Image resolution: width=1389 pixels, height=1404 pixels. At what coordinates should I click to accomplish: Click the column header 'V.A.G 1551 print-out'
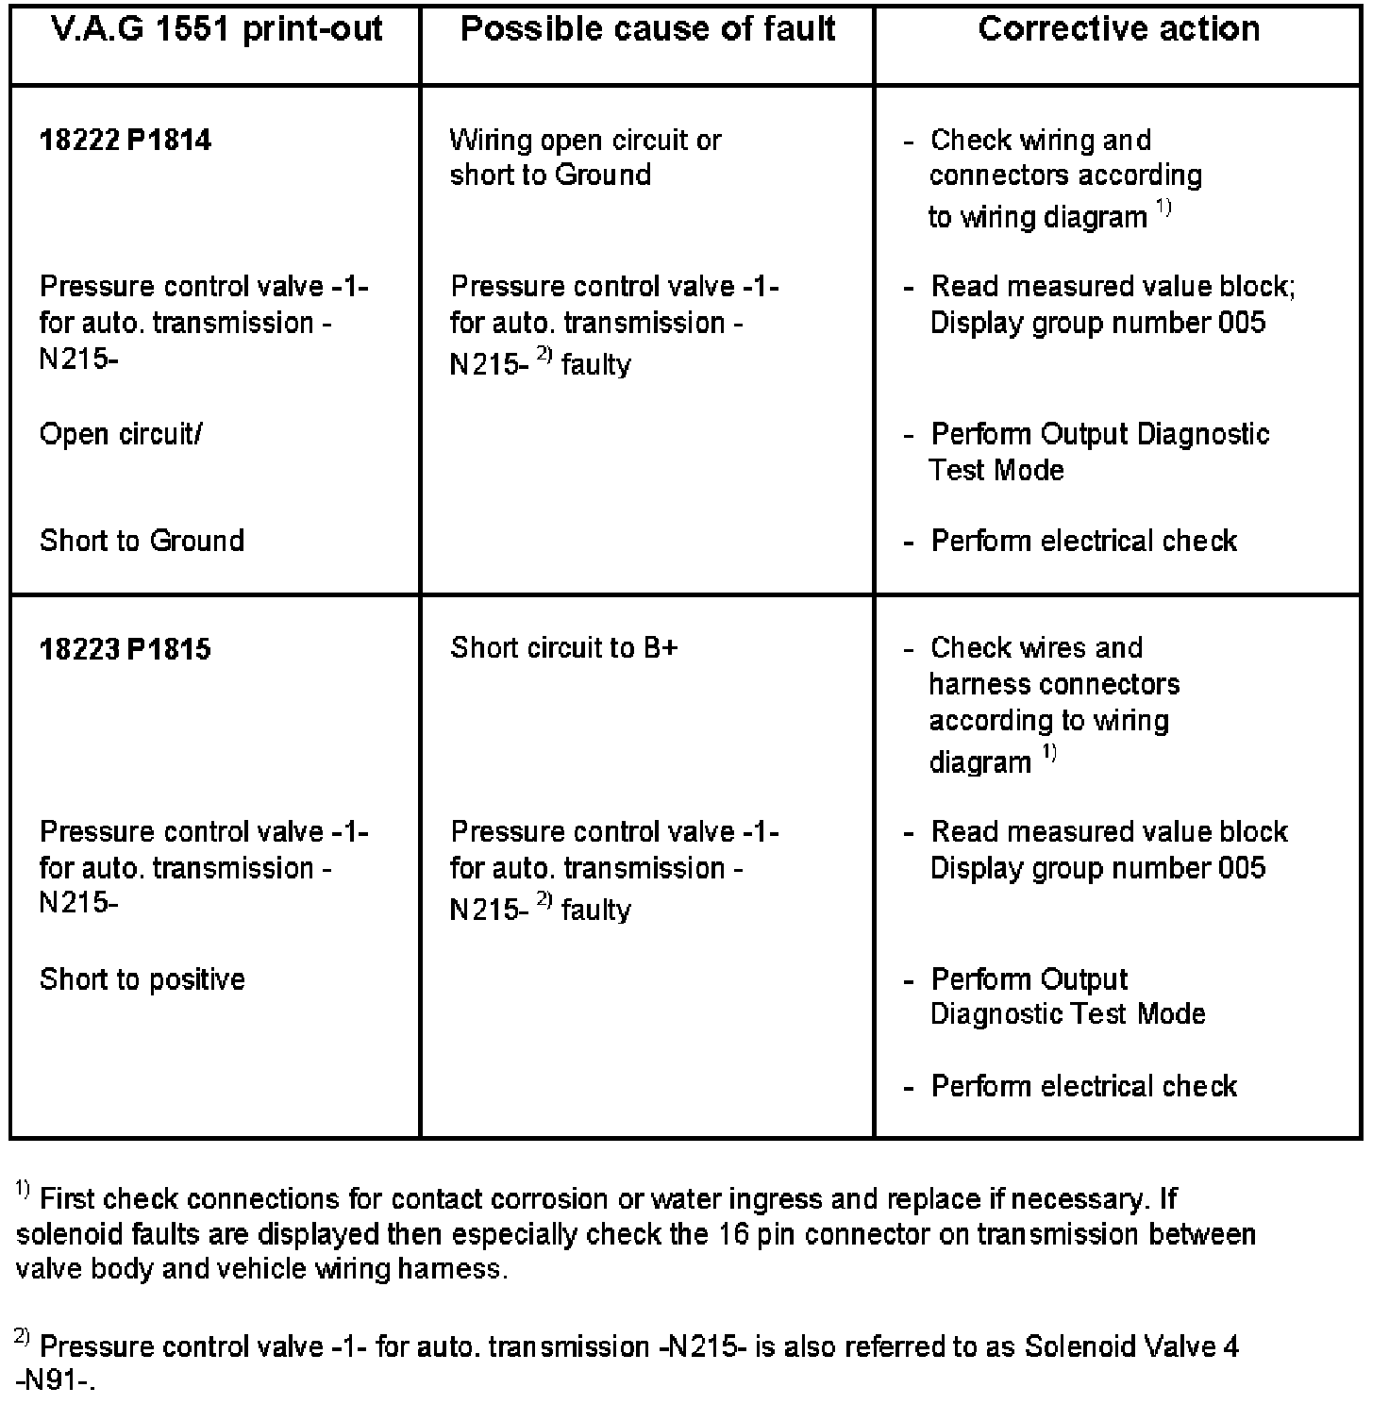216,29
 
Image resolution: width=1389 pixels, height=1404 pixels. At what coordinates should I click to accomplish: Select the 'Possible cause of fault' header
647,29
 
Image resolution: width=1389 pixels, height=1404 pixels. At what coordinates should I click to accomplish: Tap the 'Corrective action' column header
1118,29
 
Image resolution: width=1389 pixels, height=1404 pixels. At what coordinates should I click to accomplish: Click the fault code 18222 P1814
126,141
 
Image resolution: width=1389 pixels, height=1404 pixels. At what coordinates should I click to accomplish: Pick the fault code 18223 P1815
126,649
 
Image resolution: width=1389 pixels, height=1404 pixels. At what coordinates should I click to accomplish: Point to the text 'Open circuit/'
121,434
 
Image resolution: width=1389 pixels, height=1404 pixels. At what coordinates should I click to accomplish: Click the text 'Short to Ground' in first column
142,541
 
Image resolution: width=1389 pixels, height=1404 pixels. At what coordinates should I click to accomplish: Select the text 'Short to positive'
142,979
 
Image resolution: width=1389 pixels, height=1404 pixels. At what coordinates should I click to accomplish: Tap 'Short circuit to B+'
564,648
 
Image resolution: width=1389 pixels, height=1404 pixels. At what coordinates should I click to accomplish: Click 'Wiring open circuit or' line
585,141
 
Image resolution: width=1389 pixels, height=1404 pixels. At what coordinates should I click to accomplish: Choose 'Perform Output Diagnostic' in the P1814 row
1099,434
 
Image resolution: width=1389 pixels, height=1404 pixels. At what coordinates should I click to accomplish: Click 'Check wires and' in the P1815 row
1036,648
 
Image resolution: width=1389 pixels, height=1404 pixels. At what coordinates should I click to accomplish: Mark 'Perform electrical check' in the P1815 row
1083,1086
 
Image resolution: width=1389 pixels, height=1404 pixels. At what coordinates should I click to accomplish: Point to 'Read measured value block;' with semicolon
1113,286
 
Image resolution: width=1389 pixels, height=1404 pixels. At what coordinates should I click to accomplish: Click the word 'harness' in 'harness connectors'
967,684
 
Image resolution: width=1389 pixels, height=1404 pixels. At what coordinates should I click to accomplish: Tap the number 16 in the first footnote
734,1234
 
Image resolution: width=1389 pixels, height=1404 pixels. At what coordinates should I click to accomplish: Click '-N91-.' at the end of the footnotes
57,1381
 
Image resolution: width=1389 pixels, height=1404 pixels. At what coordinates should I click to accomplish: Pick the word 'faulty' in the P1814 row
595,365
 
